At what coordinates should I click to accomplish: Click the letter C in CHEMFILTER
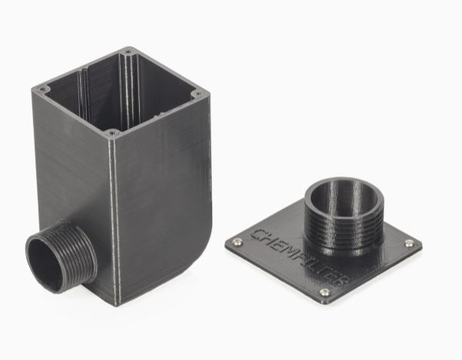(259, 232)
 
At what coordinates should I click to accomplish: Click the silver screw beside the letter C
(238, 242)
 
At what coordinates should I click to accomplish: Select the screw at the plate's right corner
(409, 244)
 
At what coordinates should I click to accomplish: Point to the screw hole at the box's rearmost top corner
(128, 52)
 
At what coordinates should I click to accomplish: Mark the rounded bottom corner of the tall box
(201, 254)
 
